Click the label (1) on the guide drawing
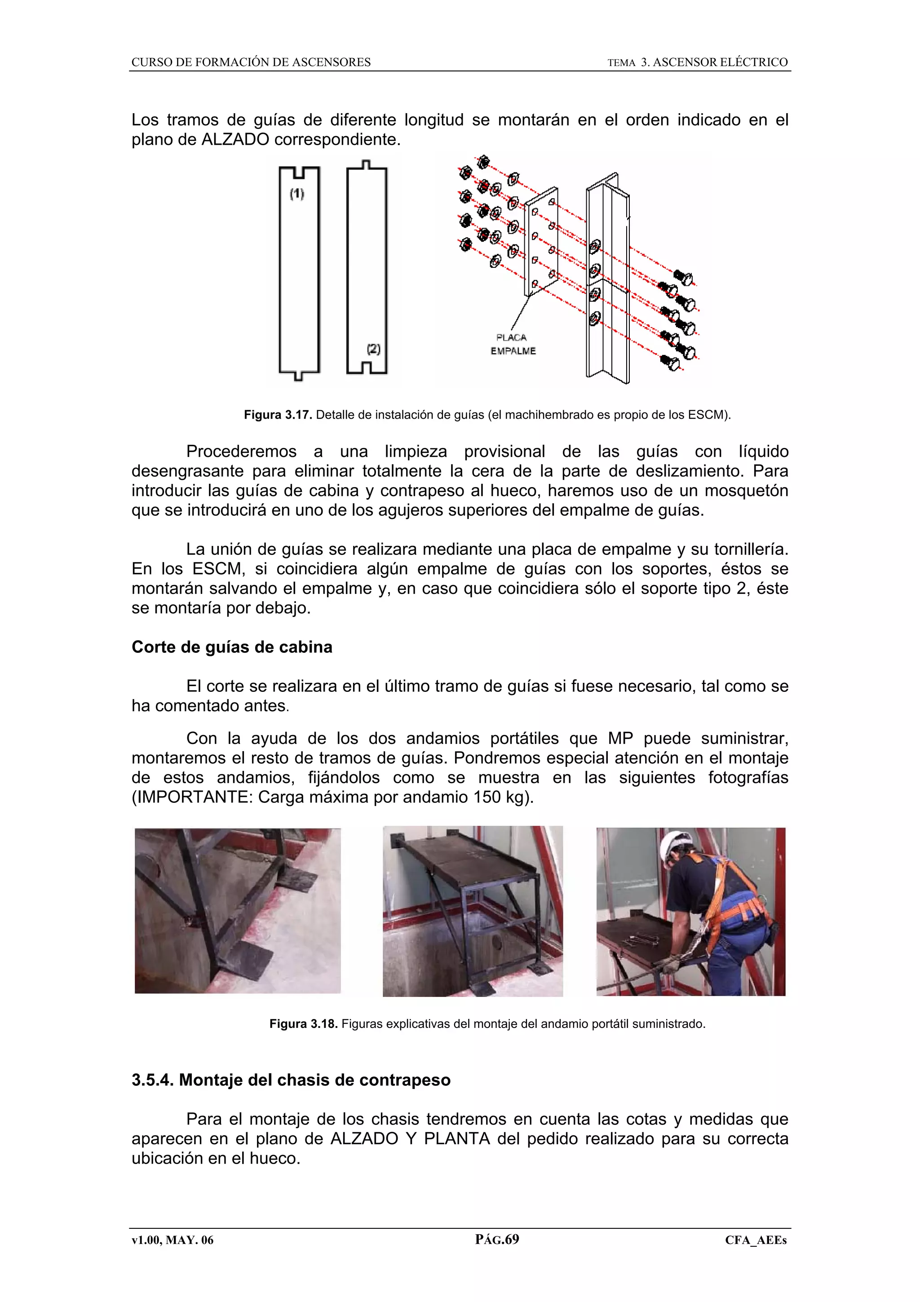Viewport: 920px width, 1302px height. click(x=297, y=195)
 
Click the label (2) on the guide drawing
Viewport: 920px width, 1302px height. click(x=373, y=349)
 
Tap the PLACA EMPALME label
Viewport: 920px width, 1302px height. click(x=513, y=344)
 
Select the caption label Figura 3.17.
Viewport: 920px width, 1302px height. click(x=278, y=415)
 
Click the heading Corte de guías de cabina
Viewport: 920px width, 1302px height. click(x=232, y=647)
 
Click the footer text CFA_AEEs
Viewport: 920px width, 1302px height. click(x=756, y=1240)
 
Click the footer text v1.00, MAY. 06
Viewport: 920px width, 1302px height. click(x=172, y=1240)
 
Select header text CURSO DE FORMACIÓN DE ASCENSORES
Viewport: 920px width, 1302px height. click(x=251, y=62)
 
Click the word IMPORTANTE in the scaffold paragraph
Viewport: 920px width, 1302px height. click(x=192, y=797)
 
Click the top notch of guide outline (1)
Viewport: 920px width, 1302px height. click(x=299, y=171)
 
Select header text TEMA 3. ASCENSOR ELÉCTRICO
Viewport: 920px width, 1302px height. click(x=697, y=62)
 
